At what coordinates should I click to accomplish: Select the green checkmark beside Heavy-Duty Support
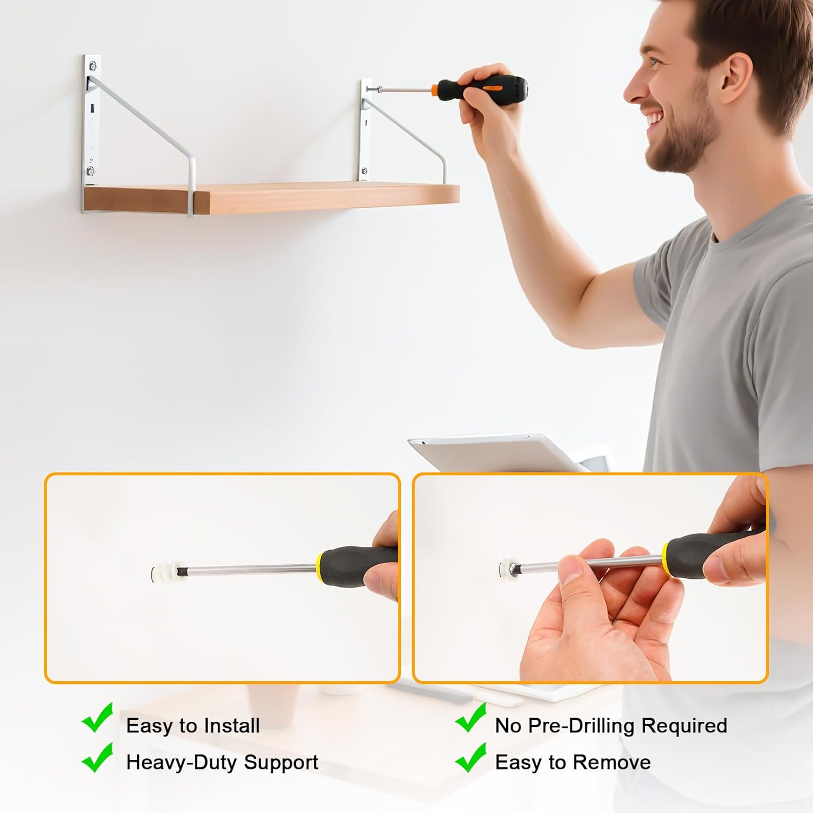pos(98,757)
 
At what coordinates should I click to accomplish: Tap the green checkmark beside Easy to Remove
pos(470,757)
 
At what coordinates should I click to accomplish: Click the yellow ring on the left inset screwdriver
pos(320,564)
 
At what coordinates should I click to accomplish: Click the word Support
pos(281,763)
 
